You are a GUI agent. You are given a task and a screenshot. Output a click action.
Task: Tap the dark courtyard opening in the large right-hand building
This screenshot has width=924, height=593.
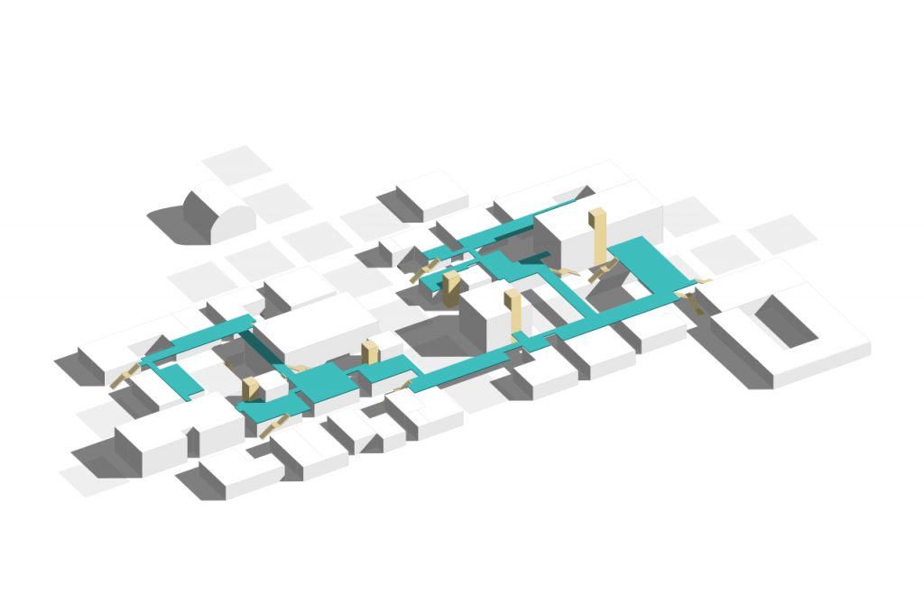click(786, 321)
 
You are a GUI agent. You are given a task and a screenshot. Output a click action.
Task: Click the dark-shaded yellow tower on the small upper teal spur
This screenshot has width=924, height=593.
click(451, 290)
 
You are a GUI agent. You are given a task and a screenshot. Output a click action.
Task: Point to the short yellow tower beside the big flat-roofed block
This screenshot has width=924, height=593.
click(369, 353)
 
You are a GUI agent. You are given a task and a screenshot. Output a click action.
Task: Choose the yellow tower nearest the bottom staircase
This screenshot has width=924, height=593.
click(251, 388)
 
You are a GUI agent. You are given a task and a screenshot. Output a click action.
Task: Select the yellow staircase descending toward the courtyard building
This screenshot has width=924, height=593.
click(695, 302)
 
